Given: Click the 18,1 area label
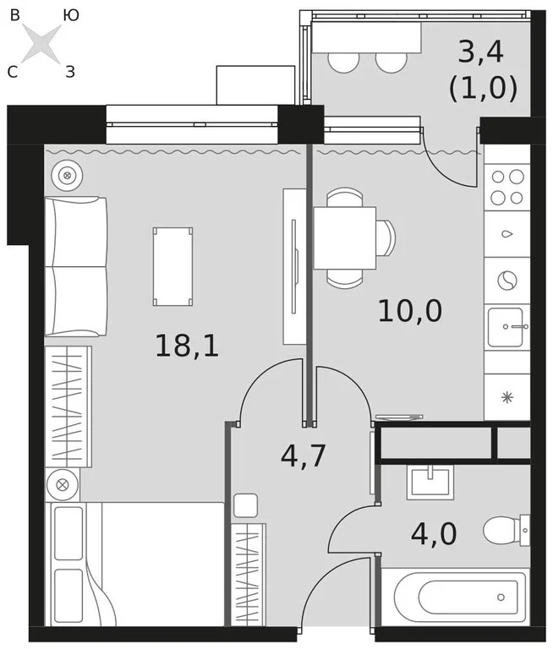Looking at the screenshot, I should (x=186, y=345).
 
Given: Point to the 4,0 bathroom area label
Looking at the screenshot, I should (x=433, y=535).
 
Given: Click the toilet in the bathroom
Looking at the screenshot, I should (x=507, y=532).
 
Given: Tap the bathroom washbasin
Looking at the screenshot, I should (x=430, y=483).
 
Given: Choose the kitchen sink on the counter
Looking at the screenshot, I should (x=507, y=326).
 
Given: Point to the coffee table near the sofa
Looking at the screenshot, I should (x=172, y=265).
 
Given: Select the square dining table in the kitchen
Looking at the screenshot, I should (x=345, y=237).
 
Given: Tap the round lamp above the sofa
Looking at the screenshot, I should (x=65, y=176).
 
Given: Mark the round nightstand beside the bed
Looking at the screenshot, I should (x=63, y=484).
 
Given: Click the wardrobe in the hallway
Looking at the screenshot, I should (x=248, y=575).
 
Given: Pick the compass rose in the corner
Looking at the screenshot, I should (x=41, y=44).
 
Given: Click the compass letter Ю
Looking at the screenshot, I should (x=72, y=14).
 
